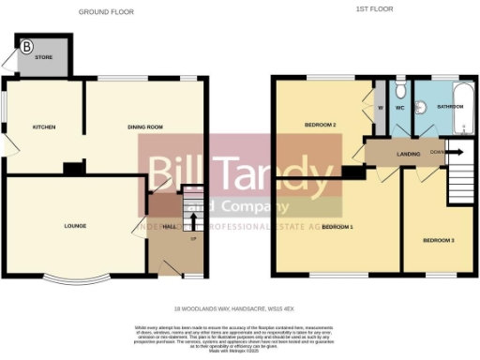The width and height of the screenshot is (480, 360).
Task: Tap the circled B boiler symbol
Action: point(26,46)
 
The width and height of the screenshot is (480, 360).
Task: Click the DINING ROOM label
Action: point(145,127)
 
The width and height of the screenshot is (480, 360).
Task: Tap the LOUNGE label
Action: point(75,226)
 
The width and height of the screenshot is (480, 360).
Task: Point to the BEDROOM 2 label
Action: point(320,125)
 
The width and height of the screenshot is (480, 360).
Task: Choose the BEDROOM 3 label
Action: point(437,241)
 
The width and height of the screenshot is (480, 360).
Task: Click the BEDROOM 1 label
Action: point(337,227)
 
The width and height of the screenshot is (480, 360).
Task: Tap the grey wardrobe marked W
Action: point(380,106)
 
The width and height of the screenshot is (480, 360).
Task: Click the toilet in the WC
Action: point(399,91)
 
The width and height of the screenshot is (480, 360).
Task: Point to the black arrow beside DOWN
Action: point(457,151)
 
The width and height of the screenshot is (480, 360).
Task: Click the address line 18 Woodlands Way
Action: point(239,307)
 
